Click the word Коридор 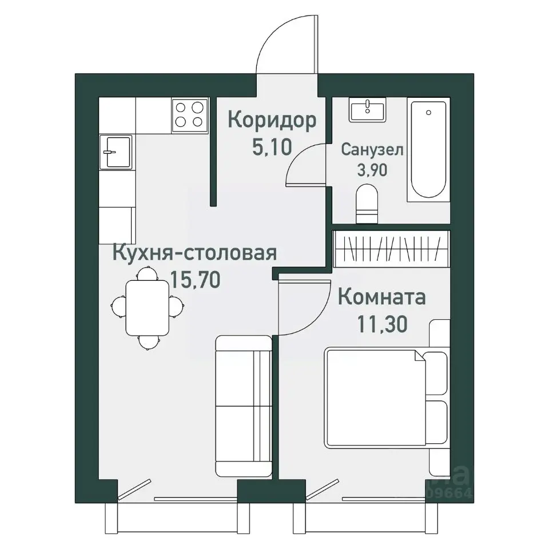pos(272,121)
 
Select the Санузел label pos(372,150)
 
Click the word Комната pos(381,297)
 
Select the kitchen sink pos(116,152)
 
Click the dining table pos(148,307)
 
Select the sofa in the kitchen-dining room pos(244,406)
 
